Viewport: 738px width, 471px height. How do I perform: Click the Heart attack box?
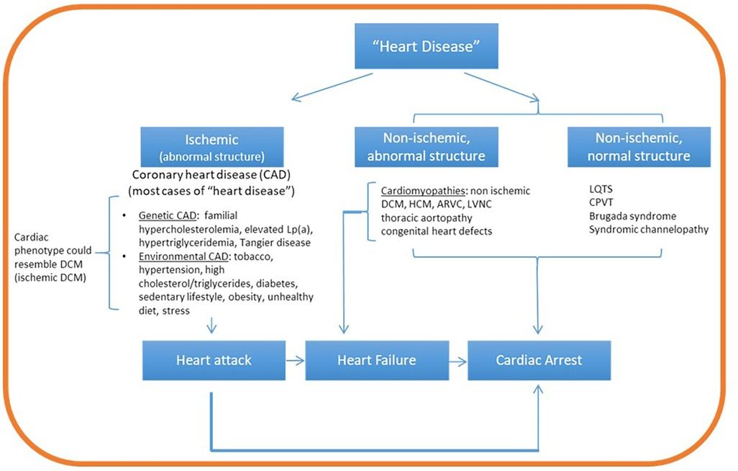coord(214,359)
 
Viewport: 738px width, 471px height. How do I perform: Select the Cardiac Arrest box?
coord(539,359)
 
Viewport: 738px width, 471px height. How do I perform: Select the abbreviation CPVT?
coord(601,202)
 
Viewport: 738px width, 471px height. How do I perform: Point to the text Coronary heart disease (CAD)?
coord(214,175)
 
